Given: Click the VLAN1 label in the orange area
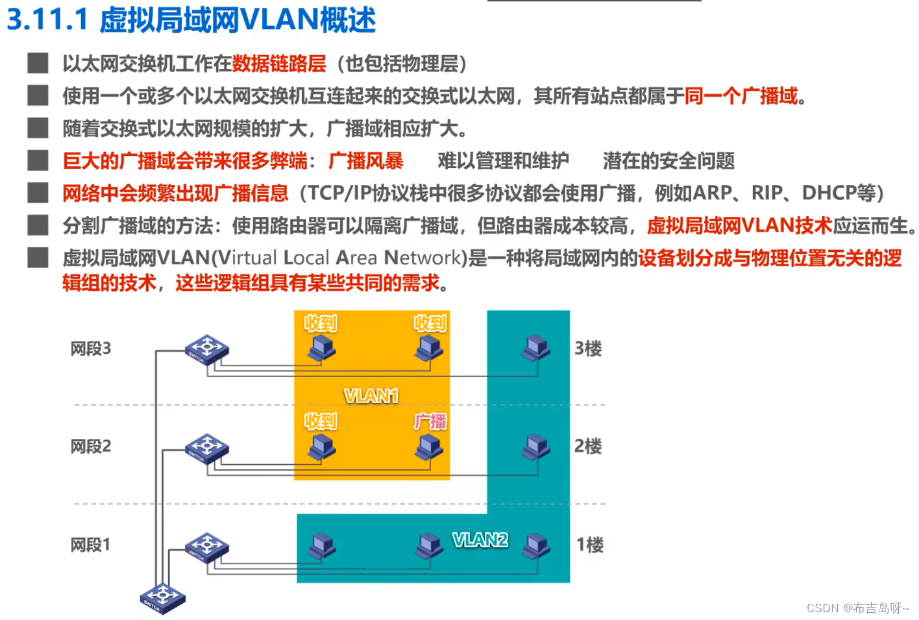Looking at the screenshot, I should click(x=371, y=395).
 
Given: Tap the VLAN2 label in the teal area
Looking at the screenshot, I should click(x=480, y=539).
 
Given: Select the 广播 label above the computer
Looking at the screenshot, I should click(x=430, y=421).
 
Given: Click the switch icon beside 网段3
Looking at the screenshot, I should click(x=206, y=349).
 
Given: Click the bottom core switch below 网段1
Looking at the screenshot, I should click(x=162, y=597).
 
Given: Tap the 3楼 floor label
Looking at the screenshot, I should click(x=587, y=349).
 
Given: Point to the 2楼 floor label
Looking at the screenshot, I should click(x=587, y=446).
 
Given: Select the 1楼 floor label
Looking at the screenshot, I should click(x=589, y=544).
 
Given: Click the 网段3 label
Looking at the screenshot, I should click(x=90, y=349).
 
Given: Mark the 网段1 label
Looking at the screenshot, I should click(x=90, y=544).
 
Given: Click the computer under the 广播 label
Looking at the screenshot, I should click(x=429, y=447).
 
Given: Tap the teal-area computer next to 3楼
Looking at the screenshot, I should click(x=536, y=349).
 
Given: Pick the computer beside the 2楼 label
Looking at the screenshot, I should click(x=536, y=447).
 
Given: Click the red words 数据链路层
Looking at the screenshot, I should click(x=279, y=64).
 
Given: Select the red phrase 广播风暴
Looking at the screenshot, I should click(x=365, y=160).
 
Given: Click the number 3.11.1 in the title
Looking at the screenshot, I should click(x=47, y=19).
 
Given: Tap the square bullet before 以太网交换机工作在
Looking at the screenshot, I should click(x=38, y=63).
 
